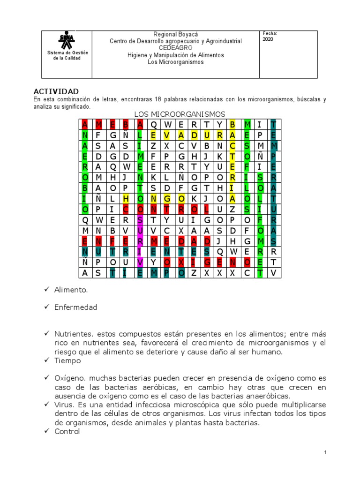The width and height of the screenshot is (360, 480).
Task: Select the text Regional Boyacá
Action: coord(176,35)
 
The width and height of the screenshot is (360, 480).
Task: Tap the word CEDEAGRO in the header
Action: coord(175,48)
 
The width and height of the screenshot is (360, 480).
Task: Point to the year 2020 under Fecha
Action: coord(269,39)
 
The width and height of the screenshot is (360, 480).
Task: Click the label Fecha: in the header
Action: coord(270,33)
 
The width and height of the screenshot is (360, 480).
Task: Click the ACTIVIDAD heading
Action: coord(56,91)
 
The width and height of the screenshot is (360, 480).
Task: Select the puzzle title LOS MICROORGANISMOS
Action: coord(180,114)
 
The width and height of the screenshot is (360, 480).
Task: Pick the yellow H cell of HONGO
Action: coord(126,198)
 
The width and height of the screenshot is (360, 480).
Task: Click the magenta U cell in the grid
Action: coord(139,230)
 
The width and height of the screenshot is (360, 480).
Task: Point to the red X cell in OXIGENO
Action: coord(180,262)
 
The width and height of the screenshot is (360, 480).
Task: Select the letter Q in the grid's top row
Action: coord(153,124)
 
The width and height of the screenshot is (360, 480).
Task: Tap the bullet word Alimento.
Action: coord(71,290)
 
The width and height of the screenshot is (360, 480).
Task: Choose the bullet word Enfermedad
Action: coord(75,307)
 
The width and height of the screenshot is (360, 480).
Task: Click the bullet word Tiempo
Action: coord(67,360)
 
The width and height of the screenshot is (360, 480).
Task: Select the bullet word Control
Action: coord(67,431)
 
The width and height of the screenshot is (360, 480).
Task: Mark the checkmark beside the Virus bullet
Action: coord(47,405)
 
